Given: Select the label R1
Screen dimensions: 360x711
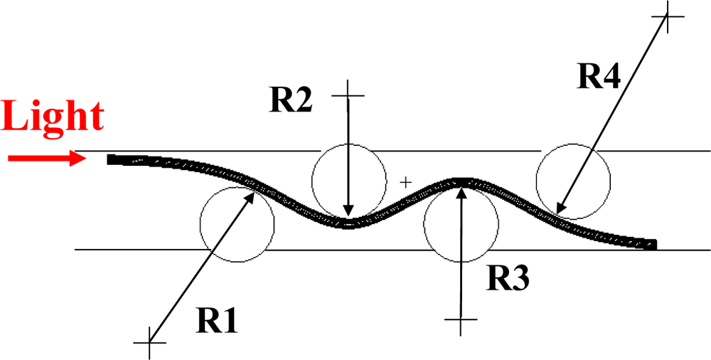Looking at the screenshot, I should coord(217,322).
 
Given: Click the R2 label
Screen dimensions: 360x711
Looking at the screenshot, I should coord(292,100).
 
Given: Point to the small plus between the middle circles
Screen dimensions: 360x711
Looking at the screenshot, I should coord(405,182).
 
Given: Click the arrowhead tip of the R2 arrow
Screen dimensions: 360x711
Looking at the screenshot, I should coord(348,216).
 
